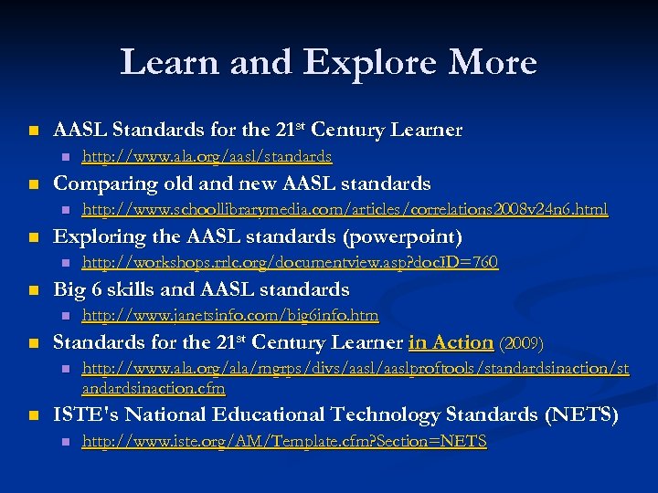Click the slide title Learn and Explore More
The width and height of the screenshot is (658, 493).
(x=328, y=62)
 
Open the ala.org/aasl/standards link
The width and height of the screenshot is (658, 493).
(x=207, y=157)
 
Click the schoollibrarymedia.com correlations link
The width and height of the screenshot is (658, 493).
(x=345, y=210)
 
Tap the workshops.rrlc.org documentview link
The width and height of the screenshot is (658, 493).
(x=290, y=263)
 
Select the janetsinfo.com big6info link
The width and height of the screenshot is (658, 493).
(x=229, y=316)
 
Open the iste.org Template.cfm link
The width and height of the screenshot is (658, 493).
(x=284, y=442)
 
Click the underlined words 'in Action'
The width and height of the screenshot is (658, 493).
(x=451, y=342)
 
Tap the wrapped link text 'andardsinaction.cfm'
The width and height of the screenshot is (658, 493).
(x=154, y=387)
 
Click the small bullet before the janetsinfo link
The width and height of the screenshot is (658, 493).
(x=64, y=317)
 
